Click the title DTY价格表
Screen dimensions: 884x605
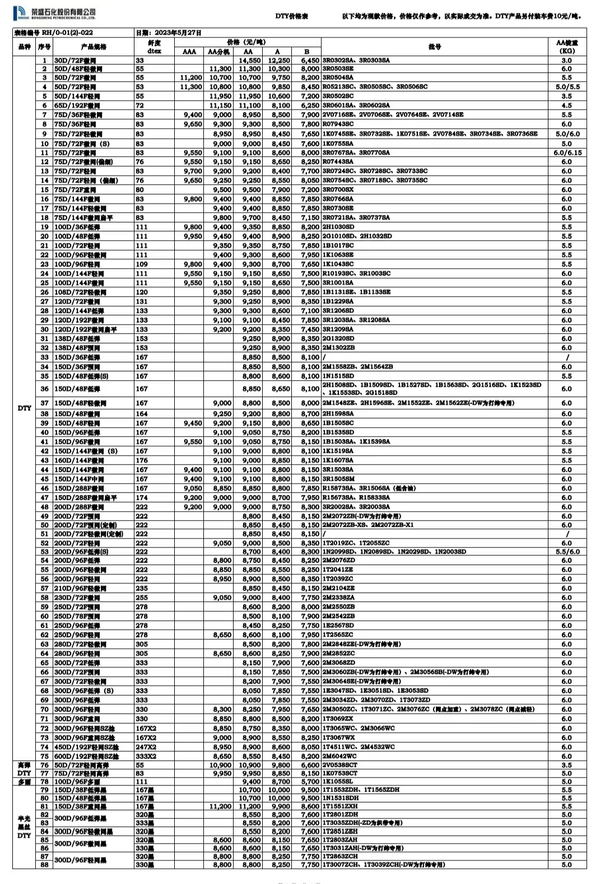[292, 17]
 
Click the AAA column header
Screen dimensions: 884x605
[189, 52]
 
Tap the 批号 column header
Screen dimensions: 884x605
[435, 46]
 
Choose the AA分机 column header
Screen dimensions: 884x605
[219, 52]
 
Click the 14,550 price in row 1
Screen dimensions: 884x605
[250, 60]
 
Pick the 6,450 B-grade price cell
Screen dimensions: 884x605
[310, 60]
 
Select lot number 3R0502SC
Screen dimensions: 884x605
[338, 96]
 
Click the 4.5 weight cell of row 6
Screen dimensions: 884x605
[567, 105]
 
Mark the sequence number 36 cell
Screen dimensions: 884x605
[44, 389]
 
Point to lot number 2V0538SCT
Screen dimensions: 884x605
[339, 765]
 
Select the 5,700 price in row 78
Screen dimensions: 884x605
[310, 782]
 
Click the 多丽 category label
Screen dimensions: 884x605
[24, 782]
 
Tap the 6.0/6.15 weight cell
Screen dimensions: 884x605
[567, 152]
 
